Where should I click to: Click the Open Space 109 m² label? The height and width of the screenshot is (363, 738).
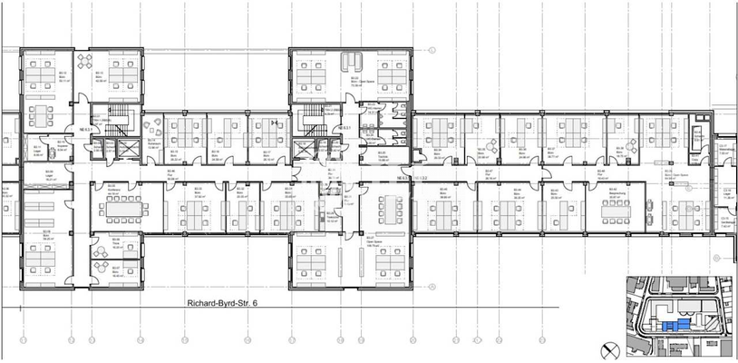[348, 243]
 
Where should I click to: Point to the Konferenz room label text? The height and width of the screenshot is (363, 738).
[114, 191]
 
